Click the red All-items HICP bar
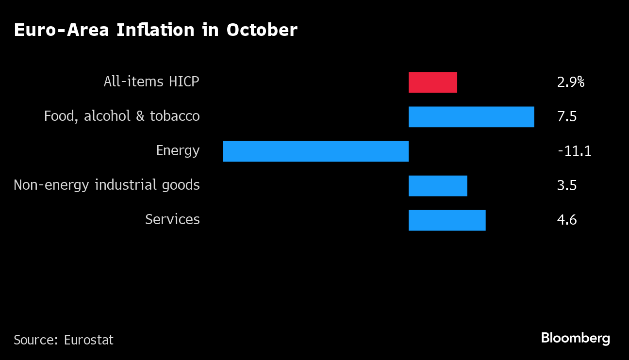pos(432,82)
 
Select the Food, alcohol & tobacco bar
pos(471,117)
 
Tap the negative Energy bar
pos(315,151)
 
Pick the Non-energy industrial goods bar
pos(437,186)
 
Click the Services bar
pos(447,220)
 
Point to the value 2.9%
pos(571,82)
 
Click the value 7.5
pos(567,117)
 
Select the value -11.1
pos(575,151)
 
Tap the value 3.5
pos(567,186)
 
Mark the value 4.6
pos(567,220)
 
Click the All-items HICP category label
pos(151,82)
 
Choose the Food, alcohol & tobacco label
pos(122,116)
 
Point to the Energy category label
pos(178,151)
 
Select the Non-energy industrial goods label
pos(107,185)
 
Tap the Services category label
pos(172,220)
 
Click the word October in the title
pos(262,30)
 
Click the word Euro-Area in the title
pos(62,30)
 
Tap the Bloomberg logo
pos(576,338)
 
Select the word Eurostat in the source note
pos(89,340)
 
